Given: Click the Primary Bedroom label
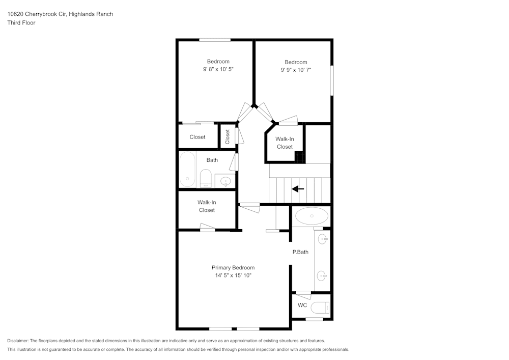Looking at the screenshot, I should click(x=233, y=267).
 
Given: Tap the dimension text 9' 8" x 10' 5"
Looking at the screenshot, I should click(x=218, y=69).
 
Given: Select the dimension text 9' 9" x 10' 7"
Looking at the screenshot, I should click(x=296, y=70).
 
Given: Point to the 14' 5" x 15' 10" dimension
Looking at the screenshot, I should click(x=233, y=275).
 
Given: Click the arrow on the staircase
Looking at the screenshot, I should click(x=298, y=189).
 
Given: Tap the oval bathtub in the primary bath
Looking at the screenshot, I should click(x=312, y=216).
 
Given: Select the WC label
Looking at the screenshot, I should click(x=302, y=306).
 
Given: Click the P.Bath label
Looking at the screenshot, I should click(x=300, y=252).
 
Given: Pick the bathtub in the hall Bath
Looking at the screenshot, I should click(x=187, y=170).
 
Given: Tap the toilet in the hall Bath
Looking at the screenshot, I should click(x=206, y=179).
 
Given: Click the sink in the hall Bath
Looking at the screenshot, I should click(x=224, y=180).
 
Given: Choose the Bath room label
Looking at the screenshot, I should click(x=212, y=160).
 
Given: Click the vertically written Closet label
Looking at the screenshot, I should click(x=228, y=136).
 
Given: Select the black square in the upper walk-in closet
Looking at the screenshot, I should click(x=300, y=157).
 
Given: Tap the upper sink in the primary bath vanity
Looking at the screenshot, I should click(x=322, y=238).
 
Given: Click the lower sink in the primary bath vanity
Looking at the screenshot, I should click(x=322, y=276).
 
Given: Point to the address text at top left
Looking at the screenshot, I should click(x=60, y=14).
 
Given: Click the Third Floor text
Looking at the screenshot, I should click(x=21, y=23).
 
